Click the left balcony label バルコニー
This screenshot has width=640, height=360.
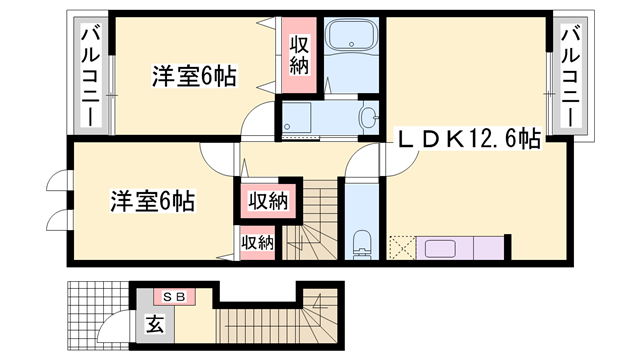point(88,77)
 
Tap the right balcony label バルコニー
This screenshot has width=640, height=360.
point(571,75)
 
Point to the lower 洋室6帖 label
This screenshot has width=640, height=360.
point(151,201)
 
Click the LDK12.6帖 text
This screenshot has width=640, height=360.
point(470,140)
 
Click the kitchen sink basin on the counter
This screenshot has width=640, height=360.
point(438,247)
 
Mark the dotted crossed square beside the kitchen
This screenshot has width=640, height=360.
point(401,247)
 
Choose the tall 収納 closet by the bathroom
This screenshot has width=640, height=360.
point(299,57)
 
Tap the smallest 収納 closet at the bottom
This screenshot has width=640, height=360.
point(256,241)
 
